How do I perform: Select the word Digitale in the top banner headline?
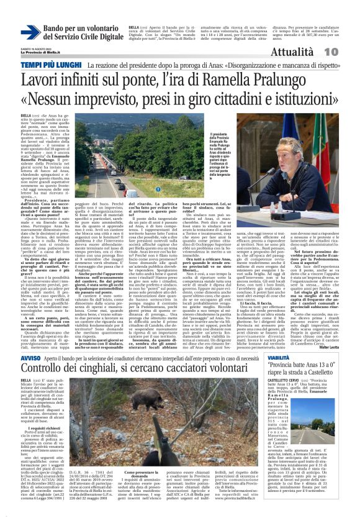point(100,39)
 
